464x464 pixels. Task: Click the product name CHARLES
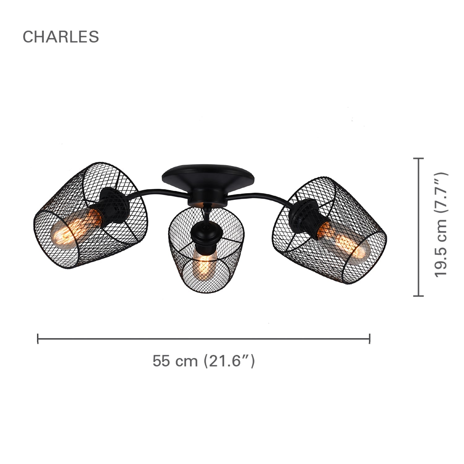tap(61, 37)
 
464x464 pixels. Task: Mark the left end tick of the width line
tap(38, 339)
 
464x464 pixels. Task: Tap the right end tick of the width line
tap(369, 339)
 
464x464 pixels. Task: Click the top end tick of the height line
tap(419, 158)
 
